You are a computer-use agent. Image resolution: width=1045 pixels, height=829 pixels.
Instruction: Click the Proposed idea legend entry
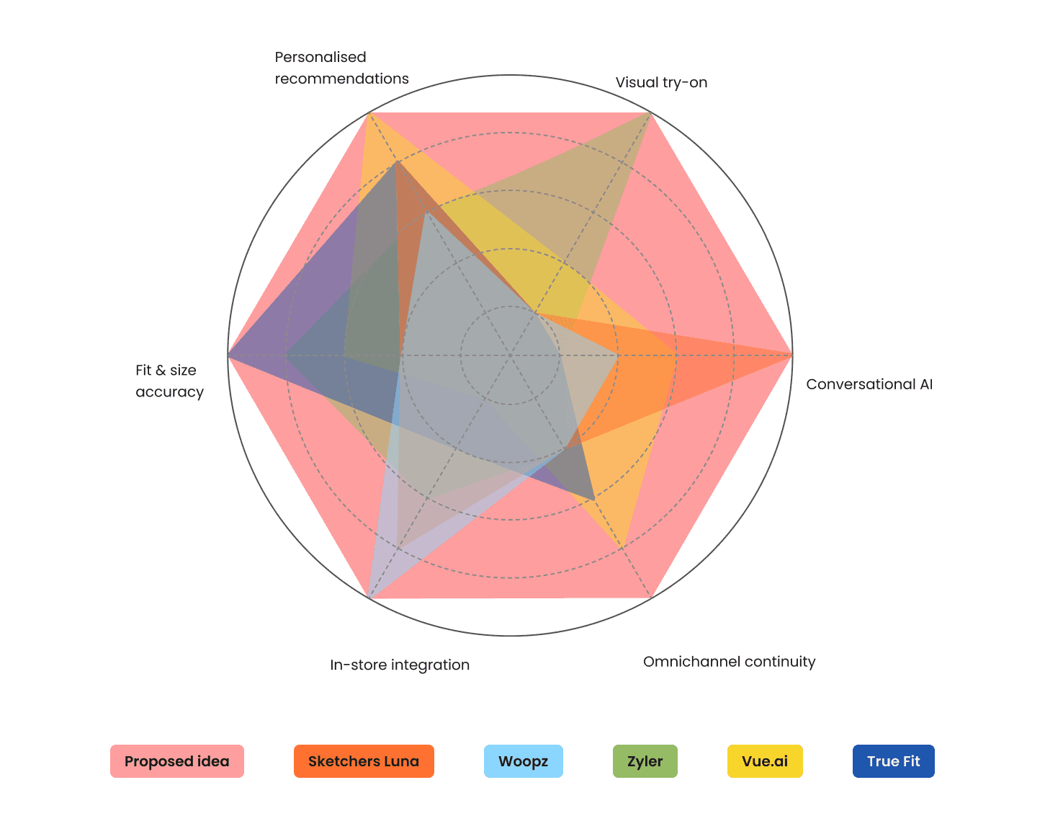coord(177,761)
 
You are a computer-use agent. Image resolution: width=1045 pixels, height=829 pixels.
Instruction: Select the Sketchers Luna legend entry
coord(364,761)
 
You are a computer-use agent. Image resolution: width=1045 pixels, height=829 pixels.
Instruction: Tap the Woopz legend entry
coord(523,761)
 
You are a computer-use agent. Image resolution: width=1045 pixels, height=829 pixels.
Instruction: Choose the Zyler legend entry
coord(645,761)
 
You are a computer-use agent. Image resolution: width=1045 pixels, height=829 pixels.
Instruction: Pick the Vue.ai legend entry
coord(765,761)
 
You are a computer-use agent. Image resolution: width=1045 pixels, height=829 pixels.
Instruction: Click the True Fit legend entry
coord(893,761)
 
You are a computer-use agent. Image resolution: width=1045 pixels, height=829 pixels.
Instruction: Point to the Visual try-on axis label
coord(661,83)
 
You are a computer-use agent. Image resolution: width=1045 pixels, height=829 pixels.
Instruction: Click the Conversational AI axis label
coord(869,384)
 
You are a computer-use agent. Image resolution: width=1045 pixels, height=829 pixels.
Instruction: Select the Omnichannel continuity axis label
coord(729,662)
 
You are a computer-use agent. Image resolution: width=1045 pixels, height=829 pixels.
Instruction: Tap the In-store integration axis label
coord(400,665)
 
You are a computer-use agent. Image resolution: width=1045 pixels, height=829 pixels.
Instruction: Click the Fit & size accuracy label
coord(169,381)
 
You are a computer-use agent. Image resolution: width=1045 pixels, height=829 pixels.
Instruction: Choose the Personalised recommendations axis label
coord(341,68)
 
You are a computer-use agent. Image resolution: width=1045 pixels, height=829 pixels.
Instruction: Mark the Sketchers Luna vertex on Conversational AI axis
coord(791,355)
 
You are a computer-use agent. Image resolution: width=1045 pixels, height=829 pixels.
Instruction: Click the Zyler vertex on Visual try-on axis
coord(650,112)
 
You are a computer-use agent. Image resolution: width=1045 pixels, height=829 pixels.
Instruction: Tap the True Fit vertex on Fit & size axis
coord(228,355)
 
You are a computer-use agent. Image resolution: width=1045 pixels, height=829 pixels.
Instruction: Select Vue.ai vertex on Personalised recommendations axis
coord(369,112)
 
